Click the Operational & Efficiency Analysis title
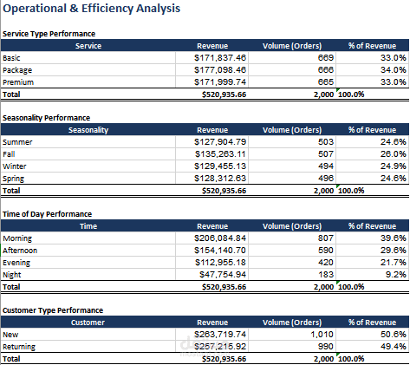(91, 8)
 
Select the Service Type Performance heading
(49, 34)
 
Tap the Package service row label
(17, 70)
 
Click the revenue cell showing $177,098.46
(220, 70)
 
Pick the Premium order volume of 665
(326, 82)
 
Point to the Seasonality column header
(88, 130)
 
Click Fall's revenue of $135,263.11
(220, 154)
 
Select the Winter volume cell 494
(326, 166)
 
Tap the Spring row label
(13, 179)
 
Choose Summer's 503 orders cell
(326, 142)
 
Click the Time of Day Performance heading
(47, 214)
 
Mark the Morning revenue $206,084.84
(220, 238)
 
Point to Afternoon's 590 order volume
(326, 251)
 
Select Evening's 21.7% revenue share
(394, 263)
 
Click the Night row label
(12, 275)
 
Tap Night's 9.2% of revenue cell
(396, 275)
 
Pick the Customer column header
(88, 323)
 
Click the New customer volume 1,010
(322, 335)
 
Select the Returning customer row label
(19, 347)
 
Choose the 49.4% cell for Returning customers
(394, 347)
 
